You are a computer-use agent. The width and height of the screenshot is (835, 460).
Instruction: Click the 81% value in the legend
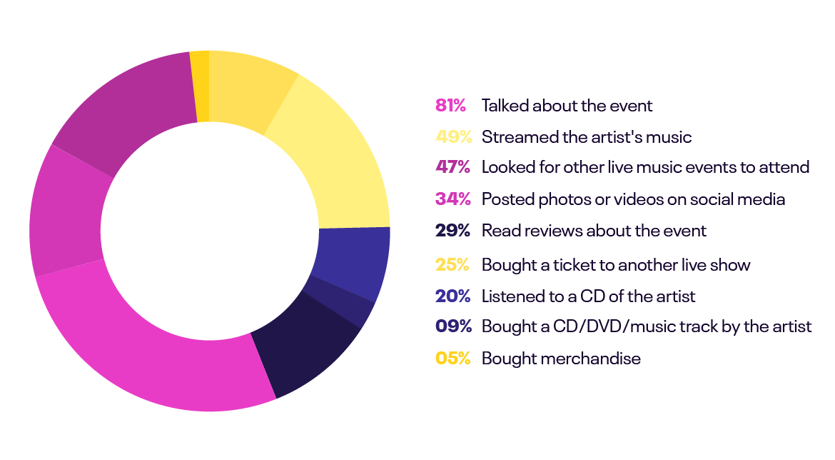pyautogui.click(x=450, y=106)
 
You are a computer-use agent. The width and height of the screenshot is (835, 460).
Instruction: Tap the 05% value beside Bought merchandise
pyautogui.click(x=452, y=359)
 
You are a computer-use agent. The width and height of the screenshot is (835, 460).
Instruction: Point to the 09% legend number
pyautogui.click(x=452, y=326)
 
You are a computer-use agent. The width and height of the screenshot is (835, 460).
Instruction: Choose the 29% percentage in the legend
pyautogui.click(x=452, y=231)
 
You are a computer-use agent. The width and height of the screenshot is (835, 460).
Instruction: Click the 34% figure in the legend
pyautogui.click(x=452, y=199)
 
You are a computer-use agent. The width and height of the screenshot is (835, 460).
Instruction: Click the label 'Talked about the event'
pyautogui.click(x=567, y=106)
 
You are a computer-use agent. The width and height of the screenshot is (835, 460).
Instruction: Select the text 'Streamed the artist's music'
pyautogui.click(x=587, y=136)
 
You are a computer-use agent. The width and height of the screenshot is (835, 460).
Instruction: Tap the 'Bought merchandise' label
pyautogui.click(x=561, y=359)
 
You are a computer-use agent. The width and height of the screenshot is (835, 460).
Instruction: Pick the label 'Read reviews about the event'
pyautogui.click(x=594, y=231)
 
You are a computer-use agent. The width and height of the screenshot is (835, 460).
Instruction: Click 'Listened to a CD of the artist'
pyautogui.click(x=588, y=296)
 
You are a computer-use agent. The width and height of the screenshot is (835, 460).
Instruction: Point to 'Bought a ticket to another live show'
pyautogui.click(x=616, y=265)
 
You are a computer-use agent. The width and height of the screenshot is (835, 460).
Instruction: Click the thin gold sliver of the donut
pyautogui.click(x=199, y=86)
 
